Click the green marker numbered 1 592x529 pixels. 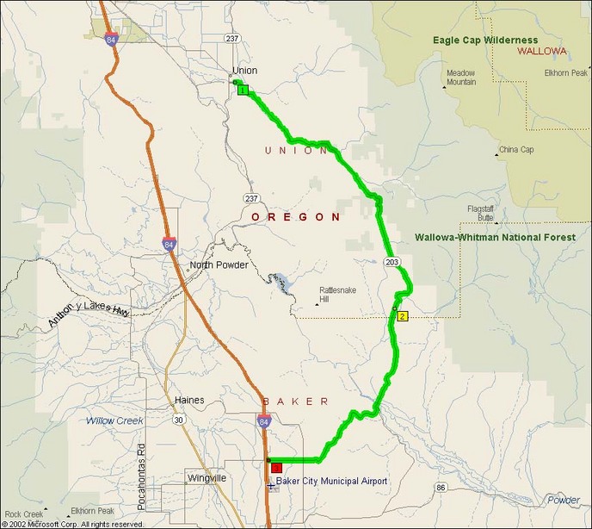click(244, 90)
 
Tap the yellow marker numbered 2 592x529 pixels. click(401, 316)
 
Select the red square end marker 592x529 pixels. click(277, 468)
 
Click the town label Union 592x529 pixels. click(244, 71)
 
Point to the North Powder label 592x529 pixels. click(219, 265)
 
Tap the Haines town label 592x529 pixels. click(189, 401)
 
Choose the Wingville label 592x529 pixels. click(207, 477)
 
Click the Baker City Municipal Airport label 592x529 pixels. click(331, 481)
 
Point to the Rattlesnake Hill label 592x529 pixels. click(336, 295)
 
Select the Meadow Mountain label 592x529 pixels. click(461, 78)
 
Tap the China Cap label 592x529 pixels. click(517, 150)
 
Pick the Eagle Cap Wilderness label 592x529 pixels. click(485, 40)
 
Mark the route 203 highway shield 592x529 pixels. click(392, 261)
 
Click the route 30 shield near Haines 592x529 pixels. click(178, 420)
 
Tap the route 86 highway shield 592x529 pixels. click(441, 488)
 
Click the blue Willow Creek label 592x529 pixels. click(115, 421)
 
